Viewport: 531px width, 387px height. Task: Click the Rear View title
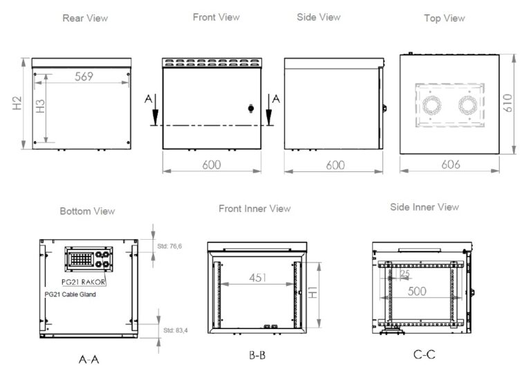(85, 18)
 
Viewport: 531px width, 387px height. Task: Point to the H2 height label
(17, 104)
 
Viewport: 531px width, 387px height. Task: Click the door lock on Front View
(250, 108)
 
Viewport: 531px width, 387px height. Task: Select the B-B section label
(258, 356)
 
